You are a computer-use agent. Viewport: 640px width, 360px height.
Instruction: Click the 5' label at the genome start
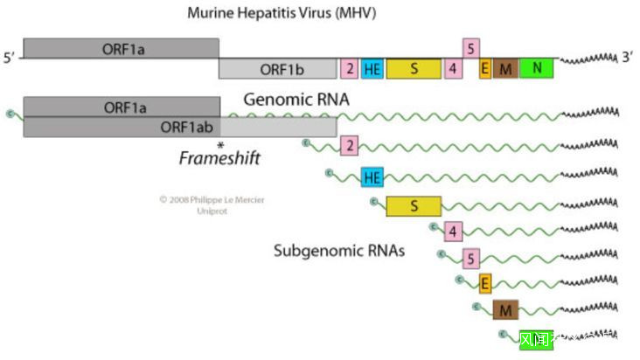(x=10, y=59)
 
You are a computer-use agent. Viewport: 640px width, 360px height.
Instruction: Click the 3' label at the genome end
(x=627, y=58)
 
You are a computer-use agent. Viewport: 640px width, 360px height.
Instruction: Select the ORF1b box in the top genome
(x=277, y=68)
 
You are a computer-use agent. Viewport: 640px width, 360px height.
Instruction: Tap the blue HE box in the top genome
(x=372, y=68)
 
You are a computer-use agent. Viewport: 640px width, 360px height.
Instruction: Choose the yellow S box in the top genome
(x=414, y=68)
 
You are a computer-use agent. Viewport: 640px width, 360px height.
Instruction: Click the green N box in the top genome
(x=536, y=68)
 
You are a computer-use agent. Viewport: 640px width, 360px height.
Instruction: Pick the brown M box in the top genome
(x=504, y=68)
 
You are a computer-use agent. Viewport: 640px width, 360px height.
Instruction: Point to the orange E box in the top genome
(x=485, y=68)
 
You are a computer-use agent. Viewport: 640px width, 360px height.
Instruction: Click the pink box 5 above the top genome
(x=471, y=47)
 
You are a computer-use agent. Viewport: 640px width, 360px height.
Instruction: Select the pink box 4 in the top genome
(x=452, y=68)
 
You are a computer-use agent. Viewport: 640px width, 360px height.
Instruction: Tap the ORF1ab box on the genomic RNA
(x=179, y=127)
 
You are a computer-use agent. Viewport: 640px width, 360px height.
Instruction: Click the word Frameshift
(x=219, y=158)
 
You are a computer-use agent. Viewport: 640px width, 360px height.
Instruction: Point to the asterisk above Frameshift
(x=220, y=145)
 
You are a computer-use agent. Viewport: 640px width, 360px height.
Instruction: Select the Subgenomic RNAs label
(x=339, y=252)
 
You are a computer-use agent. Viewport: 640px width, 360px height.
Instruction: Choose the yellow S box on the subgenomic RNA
(x=414, y=205)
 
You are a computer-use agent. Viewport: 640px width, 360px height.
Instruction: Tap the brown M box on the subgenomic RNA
(x=504, y=309)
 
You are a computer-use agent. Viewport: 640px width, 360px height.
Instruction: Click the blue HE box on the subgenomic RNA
(x=372, y=177)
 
